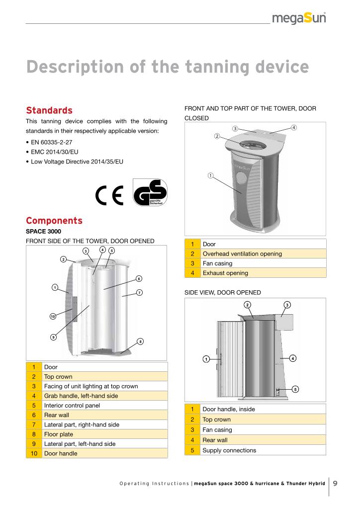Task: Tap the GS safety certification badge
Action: click(151, 193)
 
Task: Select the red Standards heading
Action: click(49, 110)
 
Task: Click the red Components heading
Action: click(54, 220)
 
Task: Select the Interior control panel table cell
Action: click(72, 406)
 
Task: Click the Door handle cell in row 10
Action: click(61, 453)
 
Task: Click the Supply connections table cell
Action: click(229, 450)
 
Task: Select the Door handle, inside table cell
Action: click(229, 409)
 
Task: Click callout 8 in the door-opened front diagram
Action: click(140, 341)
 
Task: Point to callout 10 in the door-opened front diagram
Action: click(52, 316)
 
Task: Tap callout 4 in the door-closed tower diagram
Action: click(294, 127)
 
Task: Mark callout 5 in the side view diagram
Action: click(295, 389)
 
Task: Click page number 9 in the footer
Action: click(336, 483)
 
